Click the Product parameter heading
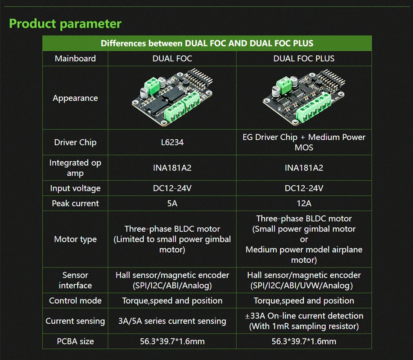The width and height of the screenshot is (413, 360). (65, 23)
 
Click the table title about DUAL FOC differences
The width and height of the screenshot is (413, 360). (207, 43)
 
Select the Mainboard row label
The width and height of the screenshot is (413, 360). (75, 58)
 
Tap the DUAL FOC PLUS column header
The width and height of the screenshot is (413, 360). (304, 58)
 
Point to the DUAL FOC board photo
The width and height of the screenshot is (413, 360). (172, 98)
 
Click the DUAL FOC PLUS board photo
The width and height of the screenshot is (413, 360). (304, 98)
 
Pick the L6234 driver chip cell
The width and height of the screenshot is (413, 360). (172, 142)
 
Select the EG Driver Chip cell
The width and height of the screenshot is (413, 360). (304, 142)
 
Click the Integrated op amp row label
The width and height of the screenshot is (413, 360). (75, 168)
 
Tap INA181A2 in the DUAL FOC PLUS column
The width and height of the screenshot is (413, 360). (304, 168)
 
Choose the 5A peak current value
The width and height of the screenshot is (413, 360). (172, 203)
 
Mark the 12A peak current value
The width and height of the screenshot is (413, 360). (304, 203)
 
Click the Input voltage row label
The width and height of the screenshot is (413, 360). (75, 188)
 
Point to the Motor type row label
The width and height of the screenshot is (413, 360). (75, 239)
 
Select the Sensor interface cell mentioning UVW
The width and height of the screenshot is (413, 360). (304, 280)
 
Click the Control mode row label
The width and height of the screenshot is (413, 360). (75, 301)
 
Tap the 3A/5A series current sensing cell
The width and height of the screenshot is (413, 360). (172, 321)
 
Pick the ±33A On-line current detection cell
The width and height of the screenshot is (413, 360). (304, 321)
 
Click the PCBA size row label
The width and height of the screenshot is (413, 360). (75, 341)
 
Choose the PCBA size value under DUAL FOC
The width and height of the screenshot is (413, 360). (172, 341)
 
